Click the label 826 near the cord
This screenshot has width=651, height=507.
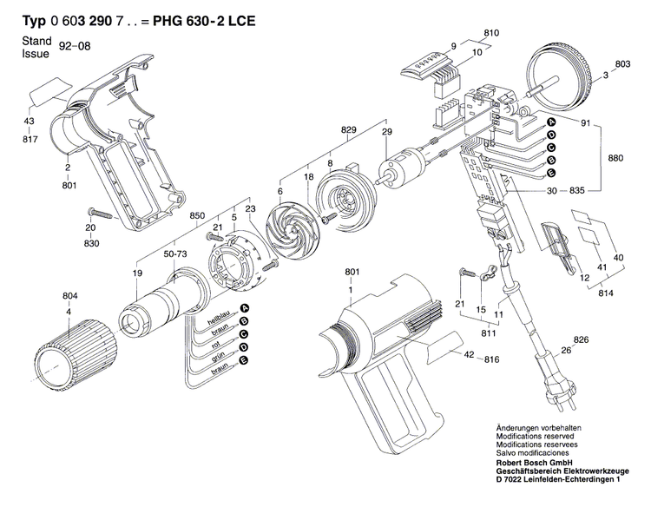(581, 340)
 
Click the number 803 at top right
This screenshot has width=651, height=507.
(622, 64)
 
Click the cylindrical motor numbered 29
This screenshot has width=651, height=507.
(403, 168)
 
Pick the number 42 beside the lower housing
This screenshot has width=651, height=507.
(469, 357)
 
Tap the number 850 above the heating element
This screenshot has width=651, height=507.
(197, 215)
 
